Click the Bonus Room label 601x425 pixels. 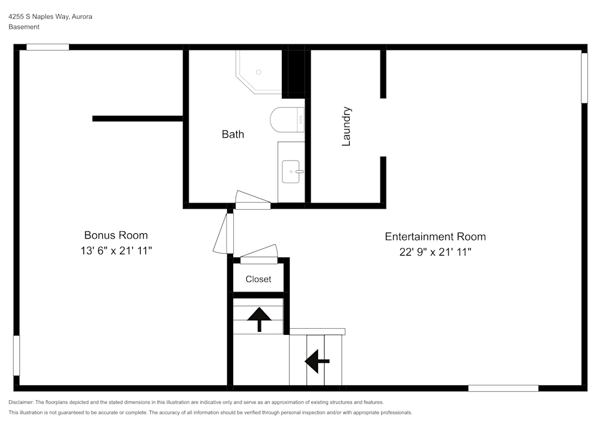pos(115,235)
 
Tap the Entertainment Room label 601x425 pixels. pos(435,236)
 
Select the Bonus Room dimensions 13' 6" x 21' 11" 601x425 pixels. pos(115,251)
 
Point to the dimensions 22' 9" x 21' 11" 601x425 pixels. pos(435,252)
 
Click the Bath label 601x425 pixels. pos(233,134)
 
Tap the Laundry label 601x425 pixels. pos(346,126)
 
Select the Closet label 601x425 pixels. pos(258,279)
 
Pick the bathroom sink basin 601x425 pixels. pos(292,171)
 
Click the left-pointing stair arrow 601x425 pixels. pos(317,361)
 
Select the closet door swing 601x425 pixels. pos(259,253)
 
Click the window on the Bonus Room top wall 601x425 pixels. pos(47,47)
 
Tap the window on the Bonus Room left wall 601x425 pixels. pos(16,355)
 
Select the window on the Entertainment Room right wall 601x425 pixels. pos(584,78)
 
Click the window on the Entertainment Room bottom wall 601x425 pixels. pos(503,388)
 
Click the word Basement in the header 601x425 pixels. pos(24,27)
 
